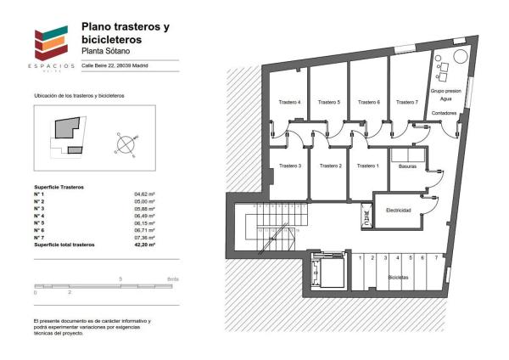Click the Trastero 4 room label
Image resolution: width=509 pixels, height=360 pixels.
289,102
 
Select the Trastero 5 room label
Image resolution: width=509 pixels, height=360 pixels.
329,102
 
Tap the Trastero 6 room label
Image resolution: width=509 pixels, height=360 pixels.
368,102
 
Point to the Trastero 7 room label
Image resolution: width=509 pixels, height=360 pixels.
406,102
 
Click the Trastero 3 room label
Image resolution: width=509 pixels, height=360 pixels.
289,166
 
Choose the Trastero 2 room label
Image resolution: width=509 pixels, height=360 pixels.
328,166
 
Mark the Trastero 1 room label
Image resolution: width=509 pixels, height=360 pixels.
367,166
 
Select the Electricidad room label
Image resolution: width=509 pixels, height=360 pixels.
399,210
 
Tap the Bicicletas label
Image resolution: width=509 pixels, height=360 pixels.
399,278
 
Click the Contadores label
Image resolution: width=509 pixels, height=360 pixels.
444,112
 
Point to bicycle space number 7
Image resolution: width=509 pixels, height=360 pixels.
436,257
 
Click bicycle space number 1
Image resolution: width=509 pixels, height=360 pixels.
361,257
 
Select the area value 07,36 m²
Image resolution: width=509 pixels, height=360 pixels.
144,238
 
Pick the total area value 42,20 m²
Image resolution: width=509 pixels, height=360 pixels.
145,245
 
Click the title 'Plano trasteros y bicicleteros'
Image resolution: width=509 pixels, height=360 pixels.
125,33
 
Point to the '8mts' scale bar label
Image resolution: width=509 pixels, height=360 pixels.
173,279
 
